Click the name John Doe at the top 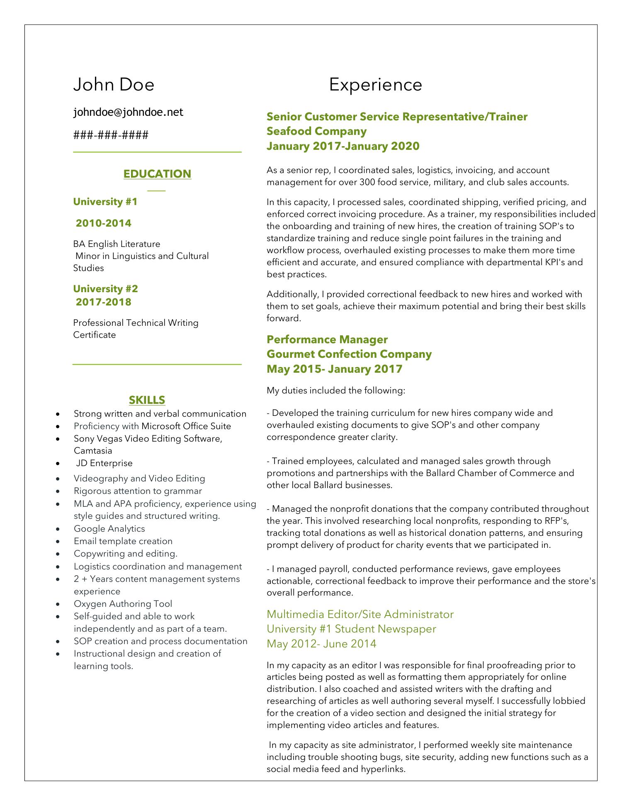[x=114, y=85]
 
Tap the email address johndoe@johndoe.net [x=128, y=112]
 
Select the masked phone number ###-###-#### [x=111, y=135]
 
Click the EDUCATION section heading [x=157, y=173]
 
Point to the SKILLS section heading [x=147, y=400]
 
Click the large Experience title [x=375, y=85]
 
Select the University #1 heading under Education [x=105, y=202]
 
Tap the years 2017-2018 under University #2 [x=103, y=302]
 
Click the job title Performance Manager [x=327, y=339]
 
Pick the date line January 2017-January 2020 [x=343, y=146]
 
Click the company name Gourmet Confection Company [x=349, y=354]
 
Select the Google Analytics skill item [x=109, y=528]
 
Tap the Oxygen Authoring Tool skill [x=123, y=603]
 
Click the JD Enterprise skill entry [x=104, y=463]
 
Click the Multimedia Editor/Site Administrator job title [x=360, y=614]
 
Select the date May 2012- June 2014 [x=321, y=643]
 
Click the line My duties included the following [x=335, y=391]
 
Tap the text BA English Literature [x=117, y=244]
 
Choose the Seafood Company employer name [x=316, y=131]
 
